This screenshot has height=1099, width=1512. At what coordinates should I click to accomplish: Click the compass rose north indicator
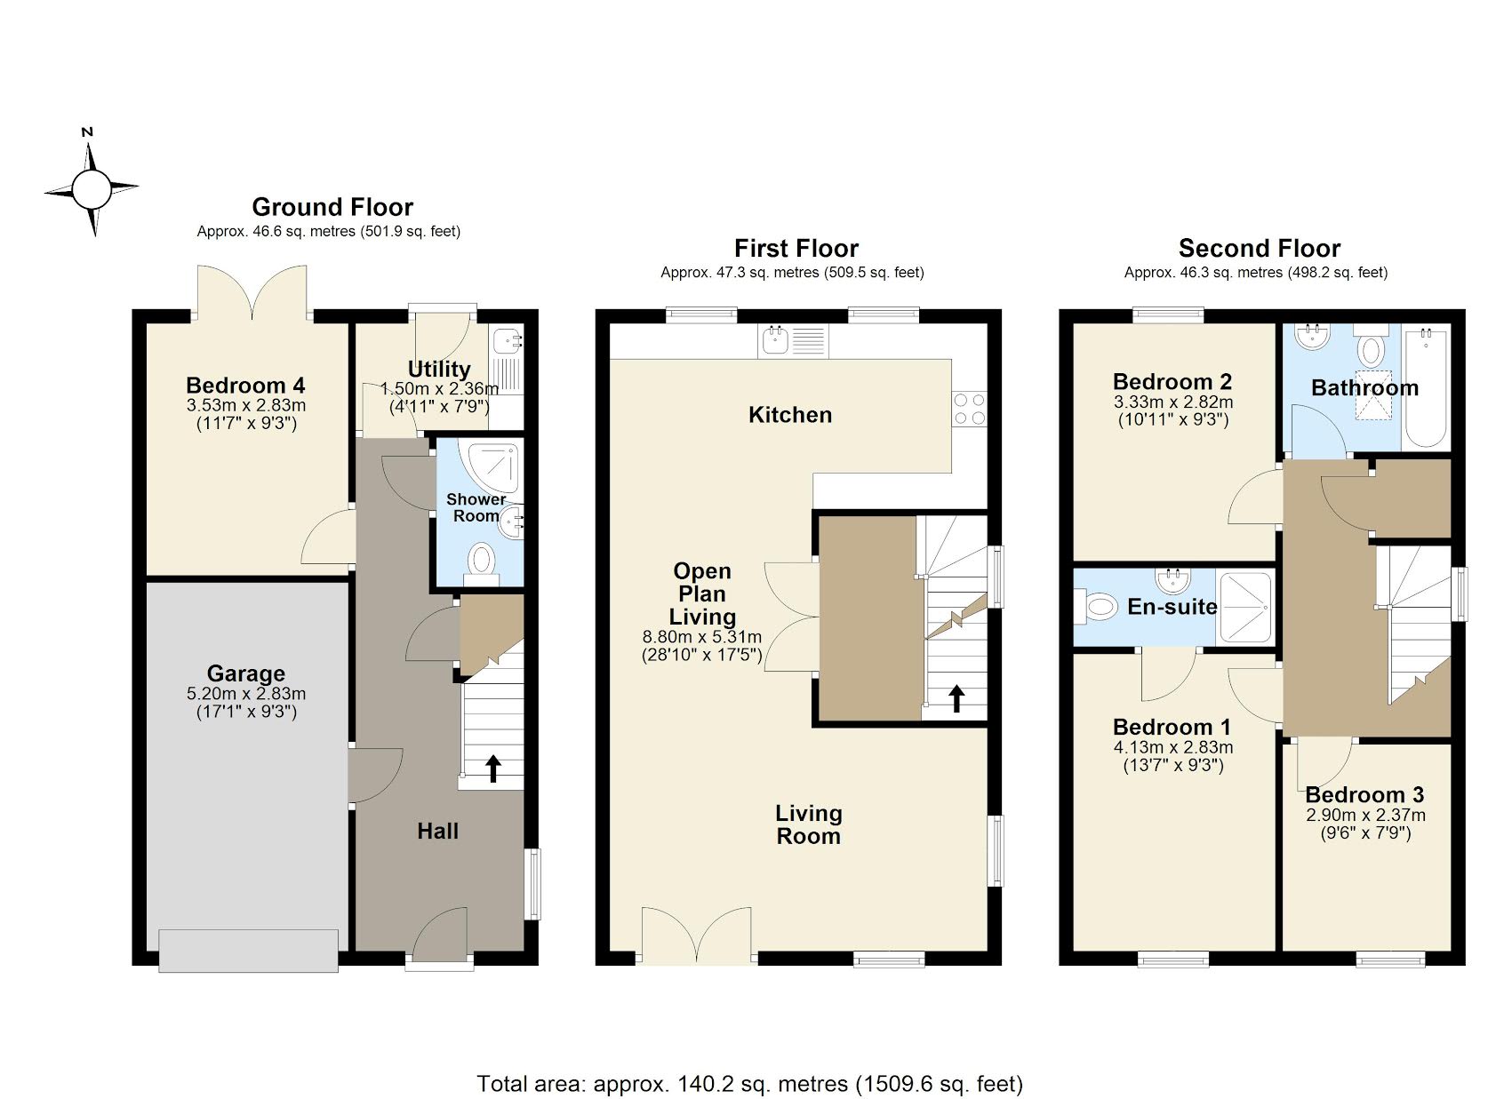point(88,133)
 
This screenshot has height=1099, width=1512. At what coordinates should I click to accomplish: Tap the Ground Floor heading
point(332,207)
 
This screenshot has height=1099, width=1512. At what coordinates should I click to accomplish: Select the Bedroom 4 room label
point(245,385)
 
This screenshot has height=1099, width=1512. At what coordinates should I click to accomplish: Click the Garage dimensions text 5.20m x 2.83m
point(246,694)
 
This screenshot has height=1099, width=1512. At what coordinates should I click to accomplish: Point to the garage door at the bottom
point(249,950)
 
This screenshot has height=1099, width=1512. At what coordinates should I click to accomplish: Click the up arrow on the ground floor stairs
point(492,769)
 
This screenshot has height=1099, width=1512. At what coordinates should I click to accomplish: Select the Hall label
point(437,832)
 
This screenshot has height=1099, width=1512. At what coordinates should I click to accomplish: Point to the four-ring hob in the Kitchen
point(969,408)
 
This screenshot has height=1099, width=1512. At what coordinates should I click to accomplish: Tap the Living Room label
point(808,824)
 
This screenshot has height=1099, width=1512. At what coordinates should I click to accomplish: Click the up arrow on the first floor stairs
point(956,698)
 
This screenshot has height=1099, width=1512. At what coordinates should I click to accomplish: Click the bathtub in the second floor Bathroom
point(1426,387)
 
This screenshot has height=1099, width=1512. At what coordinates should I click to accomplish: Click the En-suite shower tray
point(1244,608)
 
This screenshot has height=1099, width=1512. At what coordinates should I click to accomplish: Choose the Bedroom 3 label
point(1364,794)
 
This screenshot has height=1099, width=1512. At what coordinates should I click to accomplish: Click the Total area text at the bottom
point(749,1084)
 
